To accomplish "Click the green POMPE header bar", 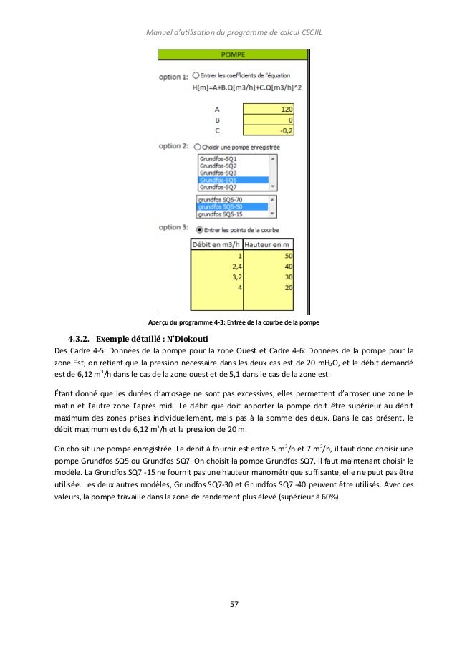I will click(234, 54).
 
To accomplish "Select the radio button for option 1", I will click(196, 75).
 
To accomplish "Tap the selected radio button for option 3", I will click(198, 230).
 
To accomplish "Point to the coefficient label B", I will click(217, 120).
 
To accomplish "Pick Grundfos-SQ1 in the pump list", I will click(218, 158).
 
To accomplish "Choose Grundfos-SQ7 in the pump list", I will click(218, 187).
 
